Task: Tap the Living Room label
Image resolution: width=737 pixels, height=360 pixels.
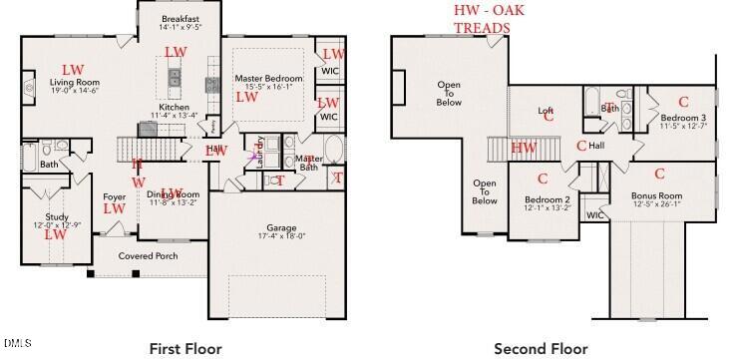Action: [x=76, y=83]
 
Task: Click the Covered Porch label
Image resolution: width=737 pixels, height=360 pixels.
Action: [x=148, y=256]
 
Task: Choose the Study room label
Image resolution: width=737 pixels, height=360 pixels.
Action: [x=56, y=216]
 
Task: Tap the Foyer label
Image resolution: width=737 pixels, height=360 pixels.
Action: [x=114, y=197]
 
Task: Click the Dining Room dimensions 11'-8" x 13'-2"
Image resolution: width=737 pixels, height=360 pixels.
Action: [x=175, y=203]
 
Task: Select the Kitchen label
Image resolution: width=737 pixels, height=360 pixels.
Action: [x=174, y=108]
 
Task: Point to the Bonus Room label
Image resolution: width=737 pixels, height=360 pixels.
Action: [x=656, y=195]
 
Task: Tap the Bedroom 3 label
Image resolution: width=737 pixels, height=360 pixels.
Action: [x=683, y=117]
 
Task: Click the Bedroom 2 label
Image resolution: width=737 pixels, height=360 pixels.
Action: [x=547, y=199]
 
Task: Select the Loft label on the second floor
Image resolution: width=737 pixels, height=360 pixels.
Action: [x=546, y=111]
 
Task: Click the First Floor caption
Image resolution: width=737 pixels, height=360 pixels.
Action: [x=185, y=348]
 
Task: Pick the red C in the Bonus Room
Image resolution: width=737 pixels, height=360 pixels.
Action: [x=659, y=174]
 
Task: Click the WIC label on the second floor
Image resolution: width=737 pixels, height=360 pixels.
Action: [x=594, y=215]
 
